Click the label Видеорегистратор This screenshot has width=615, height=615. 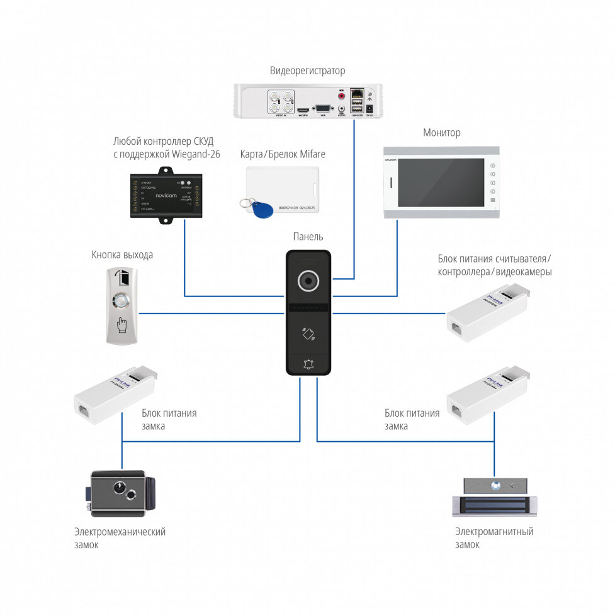click(307, 71)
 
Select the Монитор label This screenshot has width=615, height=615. click(441, 133)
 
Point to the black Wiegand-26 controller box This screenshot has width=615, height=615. click(167, 193)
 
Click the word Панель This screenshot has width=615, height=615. click(308, 237)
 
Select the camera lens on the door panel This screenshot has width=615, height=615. click(308, 281)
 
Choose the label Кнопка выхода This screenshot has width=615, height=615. click(122, 255)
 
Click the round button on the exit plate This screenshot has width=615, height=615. click(121, 302)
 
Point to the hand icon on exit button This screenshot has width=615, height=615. click(121, 325)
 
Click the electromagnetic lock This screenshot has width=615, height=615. click(495, 495)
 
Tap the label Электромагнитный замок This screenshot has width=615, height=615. click(494, 538)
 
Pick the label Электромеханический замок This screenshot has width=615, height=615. click(119, 538)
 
